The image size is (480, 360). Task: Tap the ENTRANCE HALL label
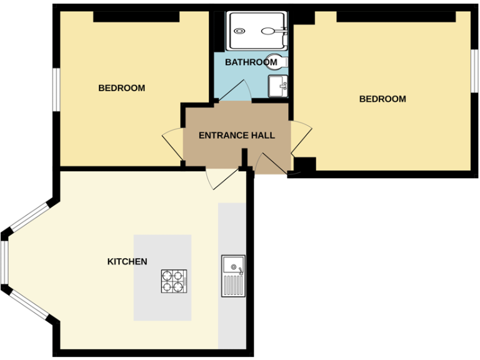click(x=236, y=135)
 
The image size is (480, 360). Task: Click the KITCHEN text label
click(x=127, y=261)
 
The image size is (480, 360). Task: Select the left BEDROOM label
click(x=121, y=88)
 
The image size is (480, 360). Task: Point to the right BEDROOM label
click(x=382, y=99)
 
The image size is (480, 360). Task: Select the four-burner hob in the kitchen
click(x=174, y=281)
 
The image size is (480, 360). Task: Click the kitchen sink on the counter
click(x=233, y=276)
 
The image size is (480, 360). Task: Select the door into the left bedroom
click(x=172, y=138)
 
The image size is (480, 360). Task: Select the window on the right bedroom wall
click(x=474, y=71)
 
